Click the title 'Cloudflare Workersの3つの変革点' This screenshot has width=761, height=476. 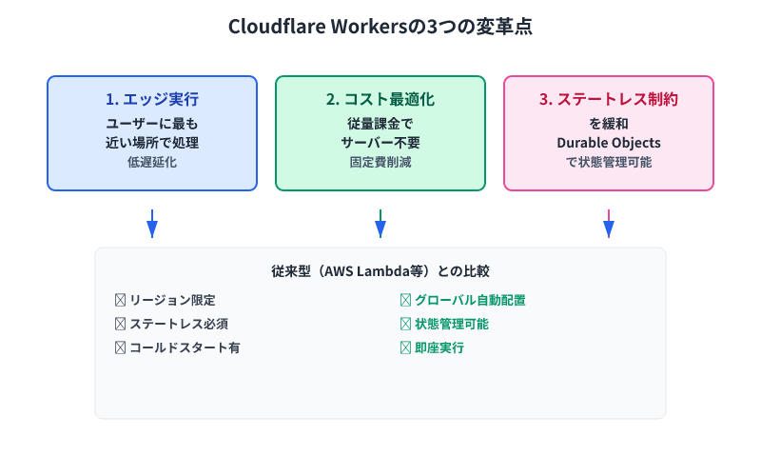pyautogui.click(x=380, y=27)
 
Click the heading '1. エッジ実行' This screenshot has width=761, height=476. pyautogui.click(x=152, y=99)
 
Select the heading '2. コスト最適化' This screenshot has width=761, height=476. pyautogui.click(x=380, y=99)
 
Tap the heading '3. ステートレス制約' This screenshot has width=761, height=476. pyautogui.click(x=609, y=99)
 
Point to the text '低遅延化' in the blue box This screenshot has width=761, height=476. pyautogui.click(x=152, y=162)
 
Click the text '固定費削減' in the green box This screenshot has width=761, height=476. pyautogui.click(x=380, y=162)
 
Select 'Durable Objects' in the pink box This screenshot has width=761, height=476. pyautogui.click(x=609, y=143)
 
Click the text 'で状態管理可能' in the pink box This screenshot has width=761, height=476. pyautogui.click(x=609, y=162)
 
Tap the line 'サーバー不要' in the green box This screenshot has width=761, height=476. pyautogui.click(x=380, y=143)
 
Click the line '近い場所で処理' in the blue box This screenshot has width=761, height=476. pyautogui.click(x=152, y=143)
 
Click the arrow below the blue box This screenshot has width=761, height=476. pyautogui.click(x=152, y=225)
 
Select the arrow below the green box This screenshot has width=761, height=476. pyautogui.click(x=380, y=225)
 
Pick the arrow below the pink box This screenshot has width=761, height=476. pyautogui.click(x=609, y=225)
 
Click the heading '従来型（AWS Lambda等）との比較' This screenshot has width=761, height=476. pyautogui.click(x=380, y=271)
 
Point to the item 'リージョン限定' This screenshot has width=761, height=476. pyautogui.click(x=172, y=300)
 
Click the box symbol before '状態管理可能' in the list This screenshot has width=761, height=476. pyautogui.click(x=405, y=324)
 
